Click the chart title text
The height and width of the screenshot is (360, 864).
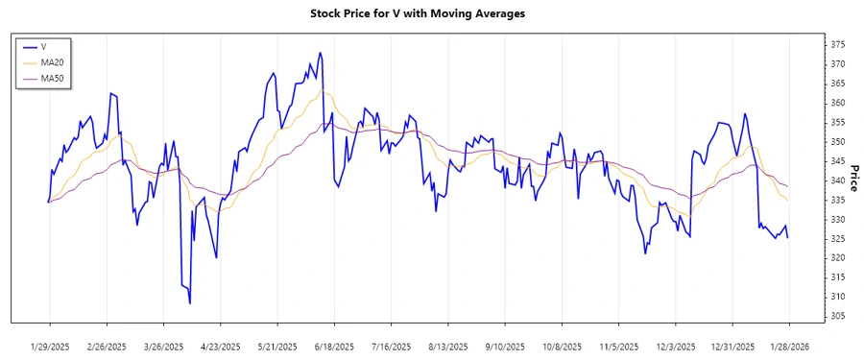click(x=431, y=13)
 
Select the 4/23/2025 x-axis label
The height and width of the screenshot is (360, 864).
click(x=220, y=346)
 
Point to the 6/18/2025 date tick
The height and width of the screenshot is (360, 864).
click(x=334, y=346)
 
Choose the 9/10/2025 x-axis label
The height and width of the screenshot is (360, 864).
click(x=505, y=346)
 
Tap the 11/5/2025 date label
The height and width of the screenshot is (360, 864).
click(x=618, y=346)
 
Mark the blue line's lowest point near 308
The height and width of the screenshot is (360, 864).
click(x=190, y=303)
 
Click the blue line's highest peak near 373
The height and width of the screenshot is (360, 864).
click(x=320, y=53)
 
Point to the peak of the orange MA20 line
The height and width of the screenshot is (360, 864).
click(x=324, y=92)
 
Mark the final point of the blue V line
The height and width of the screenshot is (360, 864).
click(x=788, y=237)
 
